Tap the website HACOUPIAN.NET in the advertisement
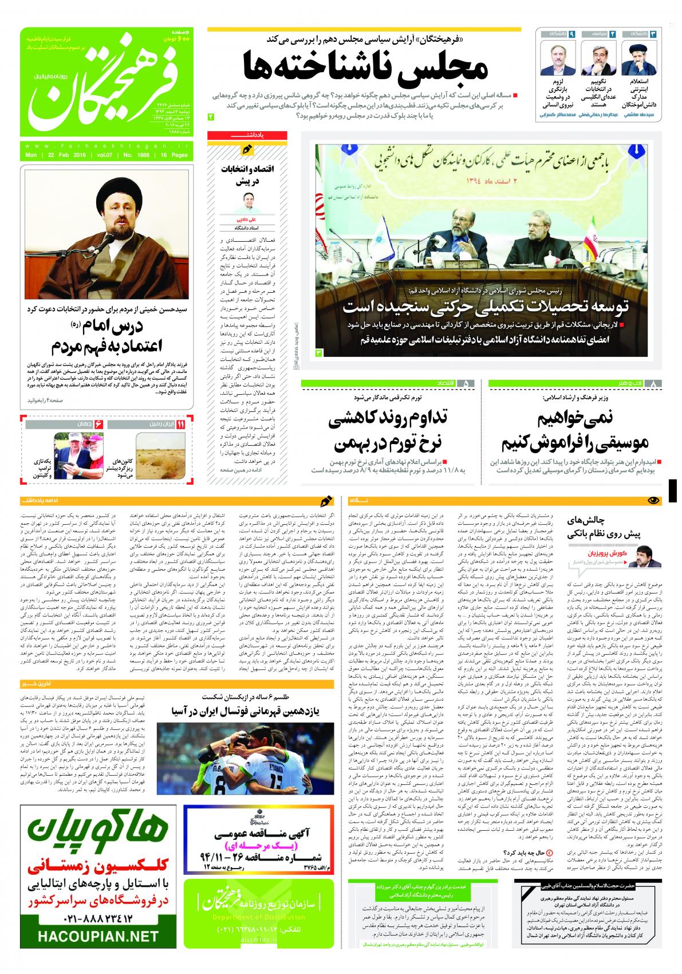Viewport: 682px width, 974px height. click(98, 937)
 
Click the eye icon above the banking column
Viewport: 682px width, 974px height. click(653, 500)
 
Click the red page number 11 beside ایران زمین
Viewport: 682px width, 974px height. click(180, 425)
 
